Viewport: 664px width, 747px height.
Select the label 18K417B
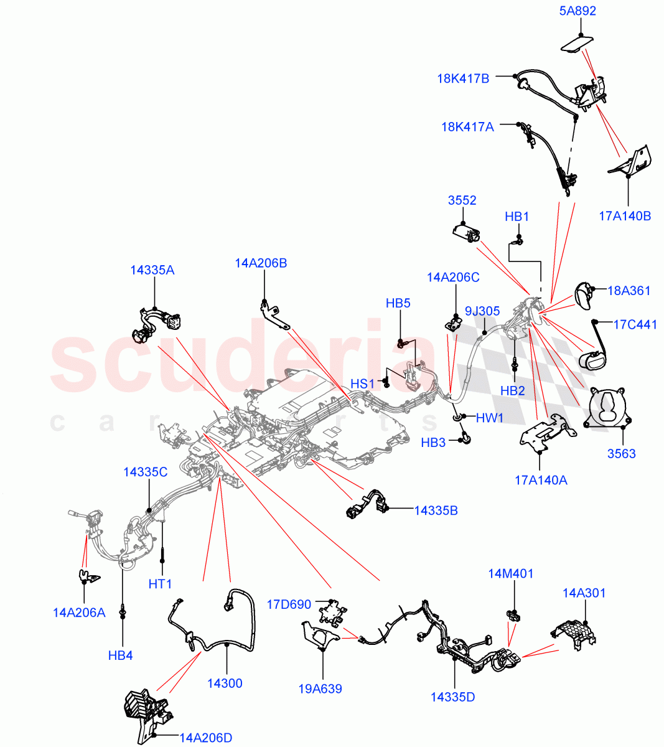tap(463, 78)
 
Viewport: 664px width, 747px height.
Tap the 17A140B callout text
tap(625, 216)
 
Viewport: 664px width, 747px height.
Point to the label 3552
tap(462, 200)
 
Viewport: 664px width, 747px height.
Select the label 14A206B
tap(261, 263)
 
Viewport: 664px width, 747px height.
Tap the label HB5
tap(398, 304)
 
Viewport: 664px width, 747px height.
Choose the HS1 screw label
tap(363, 385)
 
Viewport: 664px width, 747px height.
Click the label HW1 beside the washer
tap(490, 418)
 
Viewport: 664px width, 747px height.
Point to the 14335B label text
tap(436, 511)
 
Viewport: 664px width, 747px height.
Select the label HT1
tap(160, 584)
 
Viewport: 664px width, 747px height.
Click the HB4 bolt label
tap(120, 655)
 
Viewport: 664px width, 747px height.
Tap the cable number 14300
tap(225, 683)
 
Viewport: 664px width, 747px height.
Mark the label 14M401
tap(510, 574)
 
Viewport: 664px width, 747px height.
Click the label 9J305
tap(482, 311)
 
